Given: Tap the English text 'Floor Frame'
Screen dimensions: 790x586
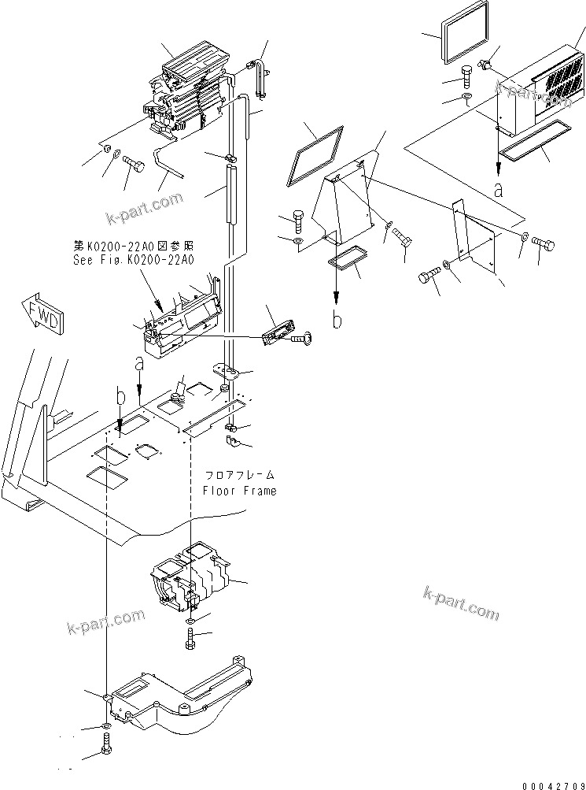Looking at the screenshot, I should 239,491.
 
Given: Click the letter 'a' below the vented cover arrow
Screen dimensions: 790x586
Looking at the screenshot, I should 498,189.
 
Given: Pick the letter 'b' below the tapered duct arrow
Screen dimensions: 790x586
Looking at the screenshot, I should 336,321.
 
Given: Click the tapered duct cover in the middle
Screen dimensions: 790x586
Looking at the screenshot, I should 346,205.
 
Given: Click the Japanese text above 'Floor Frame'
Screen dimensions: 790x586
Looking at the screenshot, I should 239,475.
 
